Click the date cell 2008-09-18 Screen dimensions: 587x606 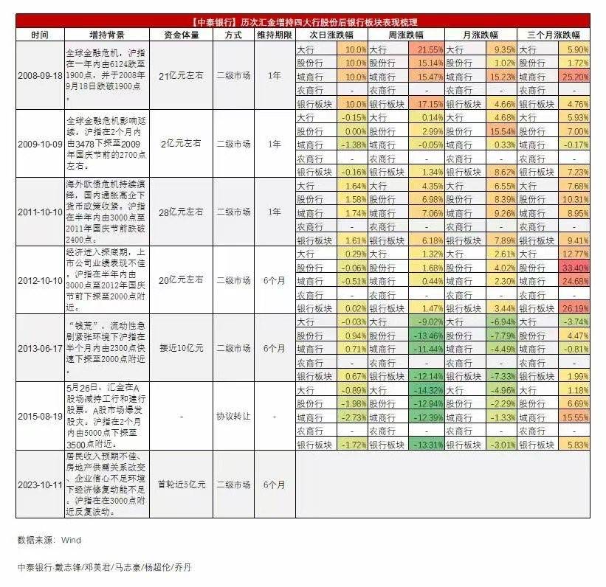point(40,75)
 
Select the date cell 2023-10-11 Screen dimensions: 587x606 point(40,484)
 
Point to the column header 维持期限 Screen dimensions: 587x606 point(272,35)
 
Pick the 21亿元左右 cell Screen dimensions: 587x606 point(179,75)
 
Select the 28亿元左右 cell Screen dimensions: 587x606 point(179,212)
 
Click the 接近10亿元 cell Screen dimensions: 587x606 point(179,348)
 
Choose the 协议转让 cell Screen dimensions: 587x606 point(233,416)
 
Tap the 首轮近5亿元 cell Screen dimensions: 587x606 point(181,484)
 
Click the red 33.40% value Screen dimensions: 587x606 point(572,267)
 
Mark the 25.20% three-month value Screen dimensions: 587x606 point(572,76)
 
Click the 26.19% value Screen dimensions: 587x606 point(572,308)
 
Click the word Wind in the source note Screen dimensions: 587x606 point(71,540)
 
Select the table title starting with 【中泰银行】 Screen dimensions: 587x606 point(303,22)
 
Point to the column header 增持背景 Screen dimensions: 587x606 point(106,35)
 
